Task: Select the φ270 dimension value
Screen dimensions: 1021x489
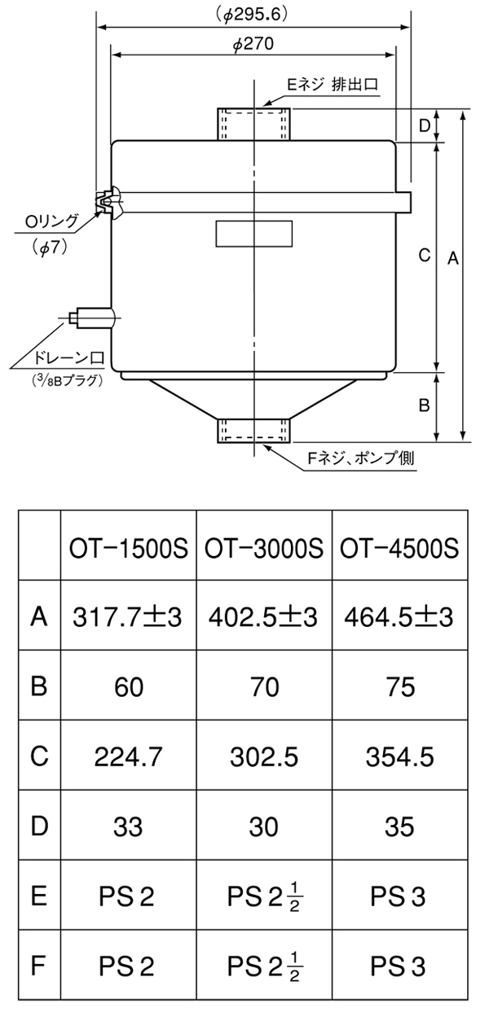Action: click(x=253, y=46)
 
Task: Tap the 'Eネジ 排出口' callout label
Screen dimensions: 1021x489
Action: click(x=333, y=84)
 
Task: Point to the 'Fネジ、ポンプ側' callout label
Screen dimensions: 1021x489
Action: click(x=359, y=458)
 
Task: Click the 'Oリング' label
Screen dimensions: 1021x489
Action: click(x=51, y=220)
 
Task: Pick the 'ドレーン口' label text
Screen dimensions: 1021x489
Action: click(x=64, y=357)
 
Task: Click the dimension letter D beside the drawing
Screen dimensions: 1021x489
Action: click(x=424, y=125)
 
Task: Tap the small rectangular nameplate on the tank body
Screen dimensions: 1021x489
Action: click(x=253, y=234)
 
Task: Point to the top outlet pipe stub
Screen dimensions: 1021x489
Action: click(x=253, y=124)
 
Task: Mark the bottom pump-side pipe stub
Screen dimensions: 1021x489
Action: click(x=253, y=429)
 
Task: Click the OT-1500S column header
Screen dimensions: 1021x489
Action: click(x=129, y=545)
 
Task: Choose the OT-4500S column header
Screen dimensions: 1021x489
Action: click(x=399, y=545)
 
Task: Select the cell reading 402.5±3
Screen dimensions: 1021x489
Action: click(x=264, y=617)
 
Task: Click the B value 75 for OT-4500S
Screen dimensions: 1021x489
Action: click(x=399, y=686)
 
